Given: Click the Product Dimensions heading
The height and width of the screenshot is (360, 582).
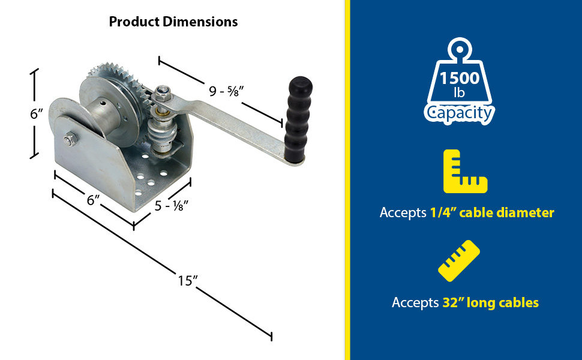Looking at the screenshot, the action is [x=173, y=22].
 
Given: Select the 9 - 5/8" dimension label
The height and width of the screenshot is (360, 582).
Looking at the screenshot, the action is [x=226, y=91].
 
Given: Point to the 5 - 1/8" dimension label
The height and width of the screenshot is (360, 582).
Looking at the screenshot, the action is [x=172, y=206].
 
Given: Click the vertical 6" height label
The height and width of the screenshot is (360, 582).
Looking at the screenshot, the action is [x=37, y=113].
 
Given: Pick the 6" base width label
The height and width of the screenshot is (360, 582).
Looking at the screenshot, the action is [x=93, y=200].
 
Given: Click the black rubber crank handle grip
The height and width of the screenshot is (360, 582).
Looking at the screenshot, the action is [x=298, y=119].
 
